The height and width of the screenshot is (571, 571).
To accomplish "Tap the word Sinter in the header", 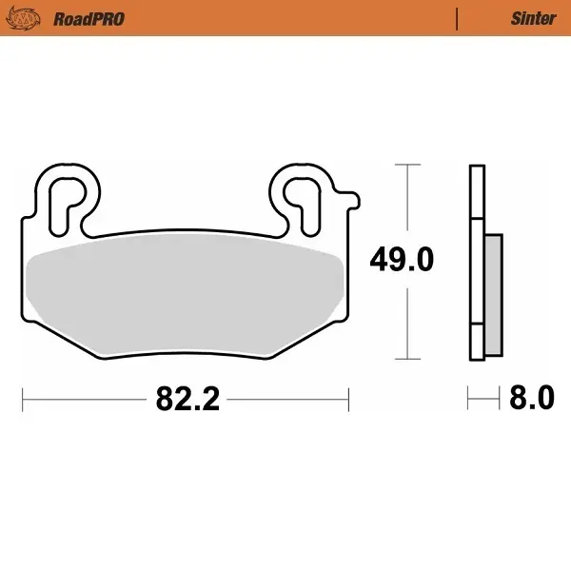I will [x=534, y=18].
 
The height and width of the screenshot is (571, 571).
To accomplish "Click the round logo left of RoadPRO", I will [x=28, y=18].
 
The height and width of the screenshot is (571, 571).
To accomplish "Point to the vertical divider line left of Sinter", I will [x=458, y=18].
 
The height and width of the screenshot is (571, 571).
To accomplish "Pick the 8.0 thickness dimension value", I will [x=531, y=398].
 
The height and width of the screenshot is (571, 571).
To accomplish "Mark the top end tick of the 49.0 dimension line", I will [x=407, y=165].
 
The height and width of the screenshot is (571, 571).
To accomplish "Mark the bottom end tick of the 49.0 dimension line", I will [x=407, y=359].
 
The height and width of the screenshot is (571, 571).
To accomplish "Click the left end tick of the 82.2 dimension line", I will [x=23, y=399].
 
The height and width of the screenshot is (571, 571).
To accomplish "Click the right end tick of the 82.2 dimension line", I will [x=349, y=399].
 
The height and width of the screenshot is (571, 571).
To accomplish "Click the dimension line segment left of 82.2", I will [x=86, y=399].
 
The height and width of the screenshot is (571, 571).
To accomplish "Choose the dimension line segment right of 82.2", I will [x=285, y=399].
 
